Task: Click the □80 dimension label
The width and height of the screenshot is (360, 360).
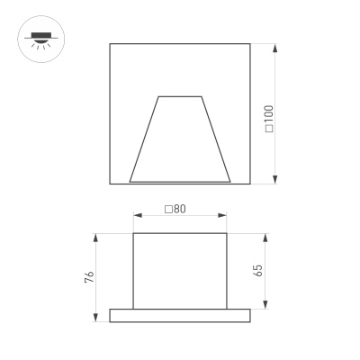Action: tap(175, 209)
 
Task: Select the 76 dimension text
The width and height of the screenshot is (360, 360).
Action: tap(88, 276)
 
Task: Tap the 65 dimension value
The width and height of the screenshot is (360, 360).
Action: tap(258, 271)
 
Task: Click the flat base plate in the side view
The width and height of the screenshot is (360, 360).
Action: tap(178, 315)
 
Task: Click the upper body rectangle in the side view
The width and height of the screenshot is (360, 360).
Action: tap(178, 270)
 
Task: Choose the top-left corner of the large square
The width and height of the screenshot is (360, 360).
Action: tap(110, 42)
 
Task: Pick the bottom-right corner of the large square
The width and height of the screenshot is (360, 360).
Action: tap(248, 184)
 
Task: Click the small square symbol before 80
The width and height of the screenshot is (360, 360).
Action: tap(168, 209)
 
